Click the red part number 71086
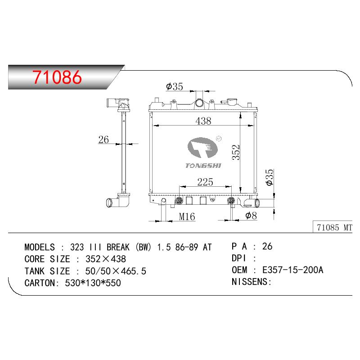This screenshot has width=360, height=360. coord(57,77)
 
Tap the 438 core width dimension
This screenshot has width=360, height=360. coord(203,121)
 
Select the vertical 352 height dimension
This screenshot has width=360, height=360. coord(236,152)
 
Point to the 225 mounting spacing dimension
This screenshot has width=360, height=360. coord(205,182)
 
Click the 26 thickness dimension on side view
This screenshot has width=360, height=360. coord(103,139)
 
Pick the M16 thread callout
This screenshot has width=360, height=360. coord(187,216)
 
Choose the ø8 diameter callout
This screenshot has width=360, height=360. coord(251,216)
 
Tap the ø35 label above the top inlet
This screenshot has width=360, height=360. coord(175,86)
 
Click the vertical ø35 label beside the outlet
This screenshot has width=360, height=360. coord(269,177)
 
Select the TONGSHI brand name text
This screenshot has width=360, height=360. coord(203,166)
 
